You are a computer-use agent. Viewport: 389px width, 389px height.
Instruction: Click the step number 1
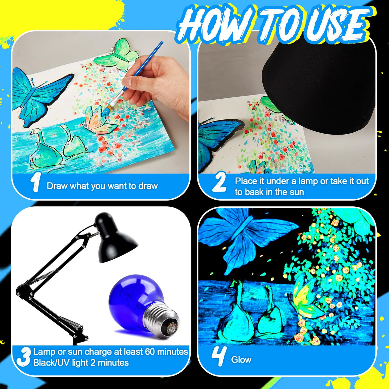pos(35,183)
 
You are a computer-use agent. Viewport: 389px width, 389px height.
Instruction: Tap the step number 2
pos(219,182)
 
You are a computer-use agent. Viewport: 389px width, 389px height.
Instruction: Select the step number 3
pos(23,357)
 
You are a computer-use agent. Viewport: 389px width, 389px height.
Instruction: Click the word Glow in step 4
pos(241,360)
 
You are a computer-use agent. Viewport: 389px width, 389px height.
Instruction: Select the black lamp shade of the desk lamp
pos(115,240)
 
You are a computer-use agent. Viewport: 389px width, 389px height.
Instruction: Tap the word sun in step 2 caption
pos(296,192)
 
